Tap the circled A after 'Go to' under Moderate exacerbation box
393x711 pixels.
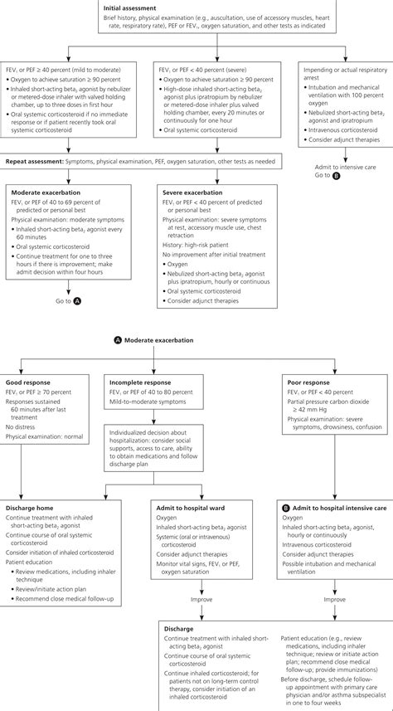pos(76,300)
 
